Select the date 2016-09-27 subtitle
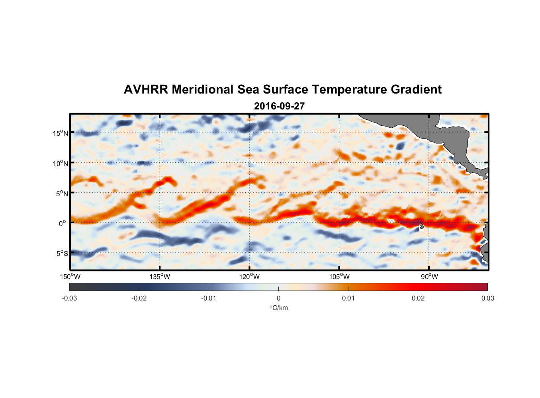tap(279, 106)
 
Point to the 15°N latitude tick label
tap(61, 133)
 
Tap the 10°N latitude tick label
tap(61, 163)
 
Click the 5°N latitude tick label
tap(62, 193)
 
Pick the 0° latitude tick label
tap(63, 223)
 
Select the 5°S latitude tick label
tap(62, 253)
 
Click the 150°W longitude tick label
tap(70, 277)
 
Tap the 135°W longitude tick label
tap(160, 277)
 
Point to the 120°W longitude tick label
tap(250, 277)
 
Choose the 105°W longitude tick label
tap(339, 277)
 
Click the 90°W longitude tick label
tap(429, 277)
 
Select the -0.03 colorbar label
tap(69, 298)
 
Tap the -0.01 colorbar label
tap(209, 298)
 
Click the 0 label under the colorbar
tap(278, 298)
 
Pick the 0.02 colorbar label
tap(418, 298)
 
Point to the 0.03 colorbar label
tap(487, 298)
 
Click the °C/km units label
tap(279, 308)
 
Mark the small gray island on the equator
tap(421, 225)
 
